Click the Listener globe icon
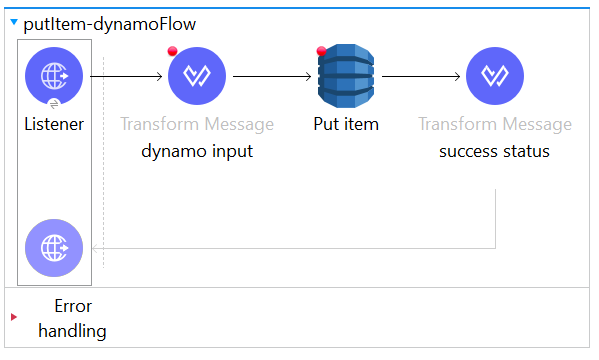pyautogui.click(x=53, y=76)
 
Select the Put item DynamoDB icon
pyautogui.click(x=345, y=76)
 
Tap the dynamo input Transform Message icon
pyautogui.click(x=197, y=76)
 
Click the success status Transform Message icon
pyautogui.click(x=494, y=76)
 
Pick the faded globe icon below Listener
pyautogui.click(x=53, y=247)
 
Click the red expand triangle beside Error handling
pyautogui.click(x=13, y=317)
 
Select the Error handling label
pyautogui.click(x=72, y=318)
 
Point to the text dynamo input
pyautogui.click(x=197, y=152)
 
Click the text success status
pyautogui.click(x=494, y=152)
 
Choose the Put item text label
pyautogui.click(x=345, y=125)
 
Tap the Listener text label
pyautogui.click(x=53, y=125)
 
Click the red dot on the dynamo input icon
pyautogui.click(x=173, y=52)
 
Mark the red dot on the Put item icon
pyautogui.click(x=321, y=51)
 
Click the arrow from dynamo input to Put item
pyautogui.click(x=270, y=76)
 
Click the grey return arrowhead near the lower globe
pyautogui.click(x=95, y=247)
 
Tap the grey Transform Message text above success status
pyautogui.click(x=494, y=125)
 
